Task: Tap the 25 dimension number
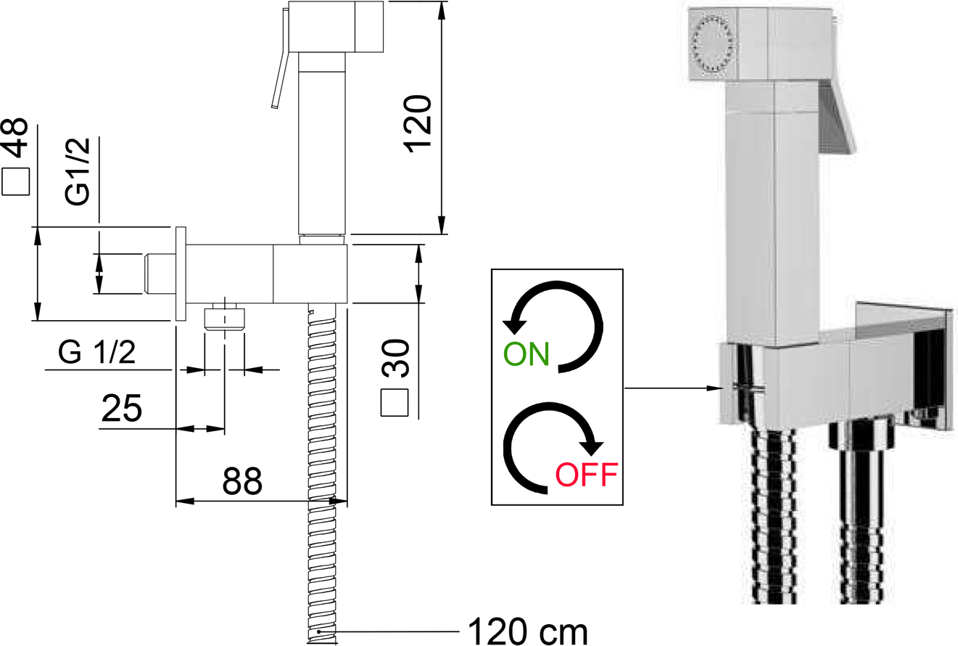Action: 122,408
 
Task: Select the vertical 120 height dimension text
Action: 418,123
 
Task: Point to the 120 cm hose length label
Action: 528,631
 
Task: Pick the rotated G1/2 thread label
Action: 78,172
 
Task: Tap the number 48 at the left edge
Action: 16,137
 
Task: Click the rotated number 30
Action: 396,359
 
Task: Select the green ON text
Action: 527,354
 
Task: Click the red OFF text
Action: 587,475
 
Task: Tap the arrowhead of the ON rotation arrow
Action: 514,326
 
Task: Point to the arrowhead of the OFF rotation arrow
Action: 592,447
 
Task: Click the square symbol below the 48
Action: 16,181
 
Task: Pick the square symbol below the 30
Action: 395,402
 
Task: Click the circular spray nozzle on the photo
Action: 714,44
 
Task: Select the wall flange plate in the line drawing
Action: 181,274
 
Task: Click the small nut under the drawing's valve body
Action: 225,319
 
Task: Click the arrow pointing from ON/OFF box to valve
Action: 674,388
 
